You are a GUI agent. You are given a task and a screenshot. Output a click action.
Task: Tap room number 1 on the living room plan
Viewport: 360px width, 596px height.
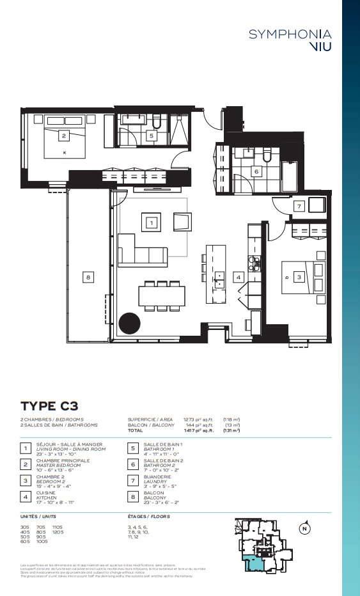151,223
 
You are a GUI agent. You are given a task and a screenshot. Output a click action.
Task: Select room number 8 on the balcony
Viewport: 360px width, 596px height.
88,277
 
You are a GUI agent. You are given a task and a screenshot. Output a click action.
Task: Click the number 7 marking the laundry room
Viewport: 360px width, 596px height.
299,206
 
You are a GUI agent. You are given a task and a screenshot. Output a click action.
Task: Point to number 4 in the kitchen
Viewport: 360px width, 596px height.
238,278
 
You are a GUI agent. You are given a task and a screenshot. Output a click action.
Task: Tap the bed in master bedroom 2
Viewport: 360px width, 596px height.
65,142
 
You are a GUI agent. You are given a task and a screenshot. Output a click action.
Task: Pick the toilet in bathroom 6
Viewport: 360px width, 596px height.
267,156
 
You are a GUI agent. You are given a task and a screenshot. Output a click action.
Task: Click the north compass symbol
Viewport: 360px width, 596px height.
305,528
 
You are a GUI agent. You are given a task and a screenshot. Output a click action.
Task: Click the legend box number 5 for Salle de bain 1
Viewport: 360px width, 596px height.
133,448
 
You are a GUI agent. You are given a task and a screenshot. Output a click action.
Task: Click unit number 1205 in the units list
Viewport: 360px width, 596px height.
58,532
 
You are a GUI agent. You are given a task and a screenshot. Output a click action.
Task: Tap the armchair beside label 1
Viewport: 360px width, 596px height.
182,223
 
